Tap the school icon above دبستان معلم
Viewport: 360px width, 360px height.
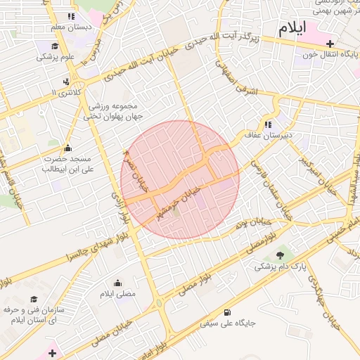coord(70,16)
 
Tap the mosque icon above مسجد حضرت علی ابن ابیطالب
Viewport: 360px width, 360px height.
coord(67,148)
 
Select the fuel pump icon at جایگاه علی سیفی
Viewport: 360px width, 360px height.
coord(226,313)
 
